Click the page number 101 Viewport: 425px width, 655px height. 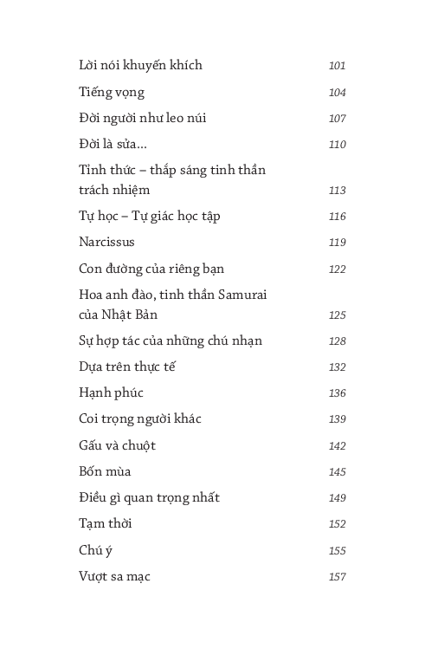point(338,66)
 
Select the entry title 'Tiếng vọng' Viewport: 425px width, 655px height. point(112,92)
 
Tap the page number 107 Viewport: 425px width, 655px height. point(338,119)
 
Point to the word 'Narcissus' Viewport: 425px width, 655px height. point(106,242)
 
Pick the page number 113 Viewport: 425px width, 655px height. point(338,191)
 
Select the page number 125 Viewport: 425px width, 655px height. point(338,315)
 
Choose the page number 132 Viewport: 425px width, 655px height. point(338,367)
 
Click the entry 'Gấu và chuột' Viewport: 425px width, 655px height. point(117,445)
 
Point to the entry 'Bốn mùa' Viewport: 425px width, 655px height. point(105,471)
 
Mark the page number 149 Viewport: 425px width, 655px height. point(338,498)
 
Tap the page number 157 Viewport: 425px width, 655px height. point(338,577)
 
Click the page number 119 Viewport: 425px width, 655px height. point(338,243)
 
